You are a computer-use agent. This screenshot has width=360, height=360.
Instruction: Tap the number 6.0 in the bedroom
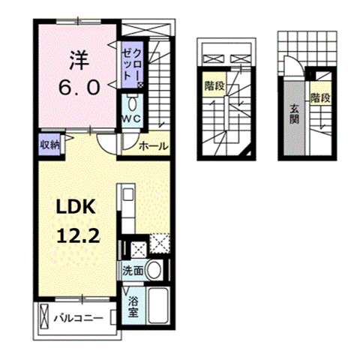(79, 87)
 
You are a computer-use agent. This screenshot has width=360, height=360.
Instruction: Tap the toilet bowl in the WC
(133, 103)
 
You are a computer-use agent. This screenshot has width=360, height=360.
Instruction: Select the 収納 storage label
(49, 145)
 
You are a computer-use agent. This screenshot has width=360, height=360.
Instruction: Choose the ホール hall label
(153, 147)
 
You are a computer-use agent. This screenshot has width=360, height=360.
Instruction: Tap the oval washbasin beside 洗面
(154, 270)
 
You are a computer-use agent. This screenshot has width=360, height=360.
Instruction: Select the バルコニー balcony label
(78, 319)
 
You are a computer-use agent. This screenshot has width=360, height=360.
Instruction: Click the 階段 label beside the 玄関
(320, 98)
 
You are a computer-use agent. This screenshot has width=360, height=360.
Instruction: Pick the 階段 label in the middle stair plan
(214, 86)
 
